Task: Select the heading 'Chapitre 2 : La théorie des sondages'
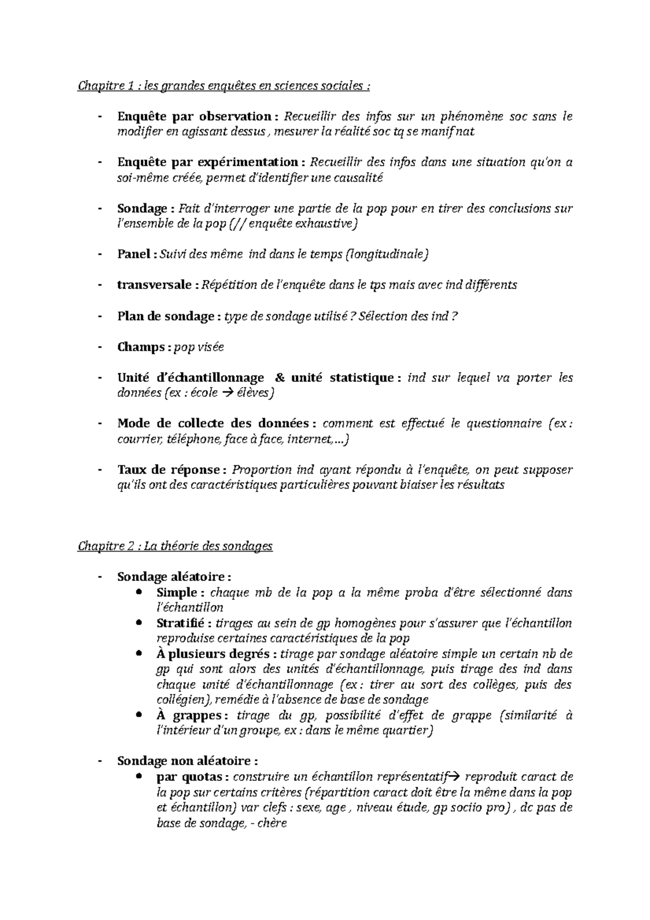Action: pos(175,546)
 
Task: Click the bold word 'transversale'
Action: pos(154,285)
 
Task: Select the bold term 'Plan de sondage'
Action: pos(165,316)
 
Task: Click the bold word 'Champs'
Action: pos(141,347)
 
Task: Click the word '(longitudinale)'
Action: pos(387,254)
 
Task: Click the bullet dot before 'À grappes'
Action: pos(141,715)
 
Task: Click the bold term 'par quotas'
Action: pos(189,777)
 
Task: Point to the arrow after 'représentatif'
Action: pos(455,777)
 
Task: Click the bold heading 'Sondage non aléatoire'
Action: pos(184,761)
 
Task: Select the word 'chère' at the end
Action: pos(273,824)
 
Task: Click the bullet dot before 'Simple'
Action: pos(141,592)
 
